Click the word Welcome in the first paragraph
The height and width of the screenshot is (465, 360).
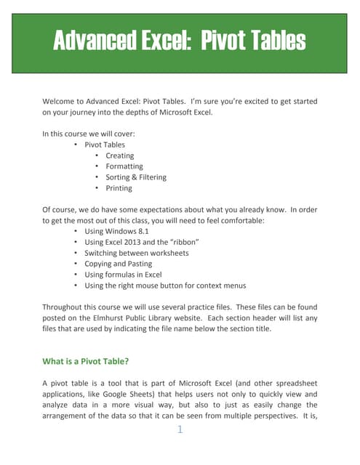61,102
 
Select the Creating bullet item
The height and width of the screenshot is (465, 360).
120,155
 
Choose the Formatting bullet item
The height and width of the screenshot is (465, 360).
124,166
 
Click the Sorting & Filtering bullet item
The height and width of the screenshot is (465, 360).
136,177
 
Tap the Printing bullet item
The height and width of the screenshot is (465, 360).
119,188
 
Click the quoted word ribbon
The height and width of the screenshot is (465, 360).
183,242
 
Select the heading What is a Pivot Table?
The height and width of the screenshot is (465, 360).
87,361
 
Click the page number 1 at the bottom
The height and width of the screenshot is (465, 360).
180,430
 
